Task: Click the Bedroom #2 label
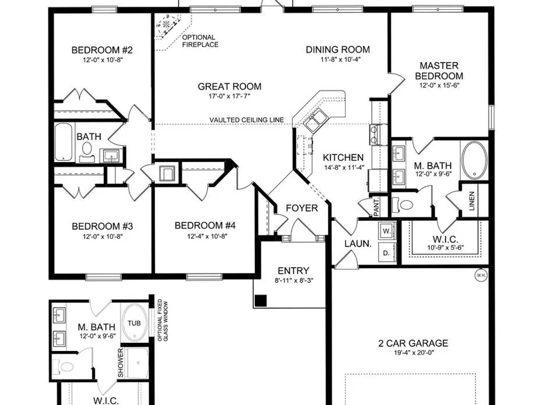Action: pos(102,50)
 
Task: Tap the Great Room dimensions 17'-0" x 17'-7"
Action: pos(230,96)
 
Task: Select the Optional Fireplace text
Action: pos(200,41)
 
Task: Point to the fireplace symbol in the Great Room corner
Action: pos(167,25)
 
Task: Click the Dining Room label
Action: pos(338,50)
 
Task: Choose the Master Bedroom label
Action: pos(439,71)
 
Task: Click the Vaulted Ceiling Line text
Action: pos(247,120)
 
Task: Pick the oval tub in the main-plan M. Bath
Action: pos(474,160)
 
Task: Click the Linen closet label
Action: pos(472,201)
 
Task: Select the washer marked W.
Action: pos(387,231)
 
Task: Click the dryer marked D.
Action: pos(387,253)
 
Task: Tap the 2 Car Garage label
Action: pos(413,343)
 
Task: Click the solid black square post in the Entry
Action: pos(261,301)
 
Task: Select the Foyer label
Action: pos(302,208)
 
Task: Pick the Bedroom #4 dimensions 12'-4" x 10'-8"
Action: pos(207,237)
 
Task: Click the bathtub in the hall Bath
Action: pos(64,142)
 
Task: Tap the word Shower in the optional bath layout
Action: pos(120,363)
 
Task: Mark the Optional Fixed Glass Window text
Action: pos(163,321)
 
